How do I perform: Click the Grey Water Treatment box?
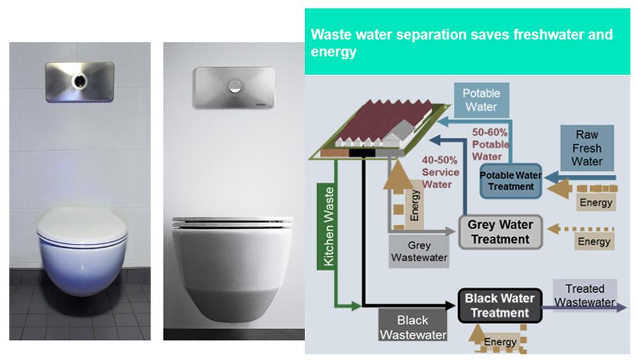500,232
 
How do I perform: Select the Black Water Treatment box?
500,306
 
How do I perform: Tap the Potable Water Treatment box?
510,181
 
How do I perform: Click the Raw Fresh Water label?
587,148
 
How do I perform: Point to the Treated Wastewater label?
584,296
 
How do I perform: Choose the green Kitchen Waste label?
329,227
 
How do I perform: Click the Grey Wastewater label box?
419,251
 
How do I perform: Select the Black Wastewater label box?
413,327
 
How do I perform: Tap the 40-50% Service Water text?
440,172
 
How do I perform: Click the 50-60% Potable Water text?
490,144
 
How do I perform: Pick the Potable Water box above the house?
481,100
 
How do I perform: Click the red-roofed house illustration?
380,128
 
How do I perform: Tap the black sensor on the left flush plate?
79,81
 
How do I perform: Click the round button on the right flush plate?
234,86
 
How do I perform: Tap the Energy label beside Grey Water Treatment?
594,241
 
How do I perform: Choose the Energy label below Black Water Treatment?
500,342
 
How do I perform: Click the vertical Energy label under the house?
414,205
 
